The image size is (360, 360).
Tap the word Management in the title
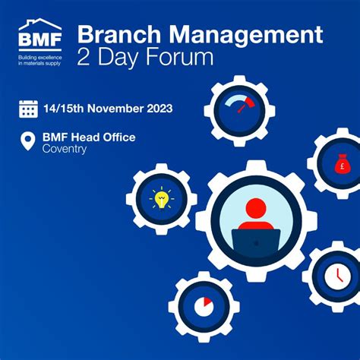pyautogui.click(x=246, y=36)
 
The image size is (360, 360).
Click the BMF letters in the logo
pyautogui.click(x=40, y=39)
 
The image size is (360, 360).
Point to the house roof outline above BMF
pyautogui.click(x=40, y=24)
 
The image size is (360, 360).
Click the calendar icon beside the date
pyautogui.click(x=28, y=109)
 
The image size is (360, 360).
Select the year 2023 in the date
pyautogui.click(x=159, y=109)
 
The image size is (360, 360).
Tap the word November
pyautogui.click(x=115, y=109)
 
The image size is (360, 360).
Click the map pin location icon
pyautogui.click(x=28, y=141)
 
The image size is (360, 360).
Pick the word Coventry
pyautogui.click(x=65, y=149)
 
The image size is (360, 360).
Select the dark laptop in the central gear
pyautogui.click(x=256, y=242)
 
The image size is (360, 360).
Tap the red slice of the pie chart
pyautogui.click(x=207, y=302)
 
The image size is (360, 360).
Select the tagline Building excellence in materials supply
pyautogui.click(x=39, y=61)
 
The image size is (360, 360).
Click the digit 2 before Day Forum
pyautogui.click(x=84, y=57)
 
